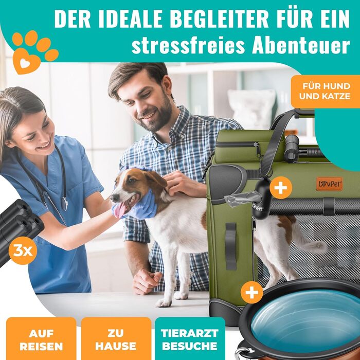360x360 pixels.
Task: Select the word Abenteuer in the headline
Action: click(x=301, y=45)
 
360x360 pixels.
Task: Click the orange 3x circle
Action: click(x=23, y=251)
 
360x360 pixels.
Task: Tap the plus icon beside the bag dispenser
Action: click(x=281, y=188)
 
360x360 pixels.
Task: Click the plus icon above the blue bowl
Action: click(x=252, y=292)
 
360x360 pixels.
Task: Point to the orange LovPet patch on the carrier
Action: click(x=329, y=184)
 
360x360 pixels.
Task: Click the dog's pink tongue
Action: click(x=120, y=210)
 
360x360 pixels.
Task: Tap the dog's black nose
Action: click(x=114, y=197)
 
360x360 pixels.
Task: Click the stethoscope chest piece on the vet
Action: click(x=65, y=204)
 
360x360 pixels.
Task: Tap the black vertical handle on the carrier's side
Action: click(x=231, y=246)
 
